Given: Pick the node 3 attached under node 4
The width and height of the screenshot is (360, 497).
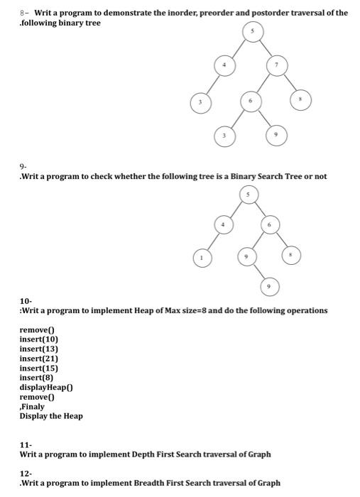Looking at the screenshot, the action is [x=201, y=102].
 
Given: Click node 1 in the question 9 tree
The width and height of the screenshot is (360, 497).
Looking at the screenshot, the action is [x=202, y=258].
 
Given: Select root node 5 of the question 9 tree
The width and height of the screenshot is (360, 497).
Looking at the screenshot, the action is [x=248, y=194].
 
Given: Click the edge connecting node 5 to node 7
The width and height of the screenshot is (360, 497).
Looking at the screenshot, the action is [x=263, y=49].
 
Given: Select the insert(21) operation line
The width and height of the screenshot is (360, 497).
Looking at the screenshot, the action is [x=39, y=359].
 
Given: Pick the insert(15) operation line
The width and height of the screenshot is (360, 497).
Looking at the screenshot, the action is [x=39, y=368].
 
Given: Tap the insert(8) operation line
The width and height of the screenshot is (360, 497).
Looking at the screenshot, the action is [x=36, y=378].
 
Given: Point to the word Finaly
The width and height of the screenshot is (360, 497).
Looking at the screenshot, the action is [x=33, y=407].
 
